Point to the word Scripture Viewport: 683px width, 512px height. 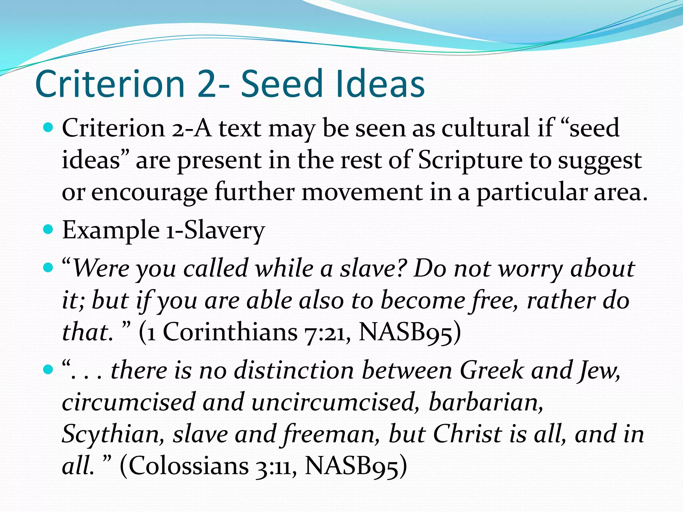tap(471, 160)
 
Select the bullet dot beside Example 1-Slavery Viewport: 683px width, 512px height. tap(49, 230)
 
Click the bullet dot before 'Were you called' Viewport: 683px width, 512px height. tap(49, 267)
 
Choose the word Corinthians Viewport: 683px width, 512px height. tap(230, 332)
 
